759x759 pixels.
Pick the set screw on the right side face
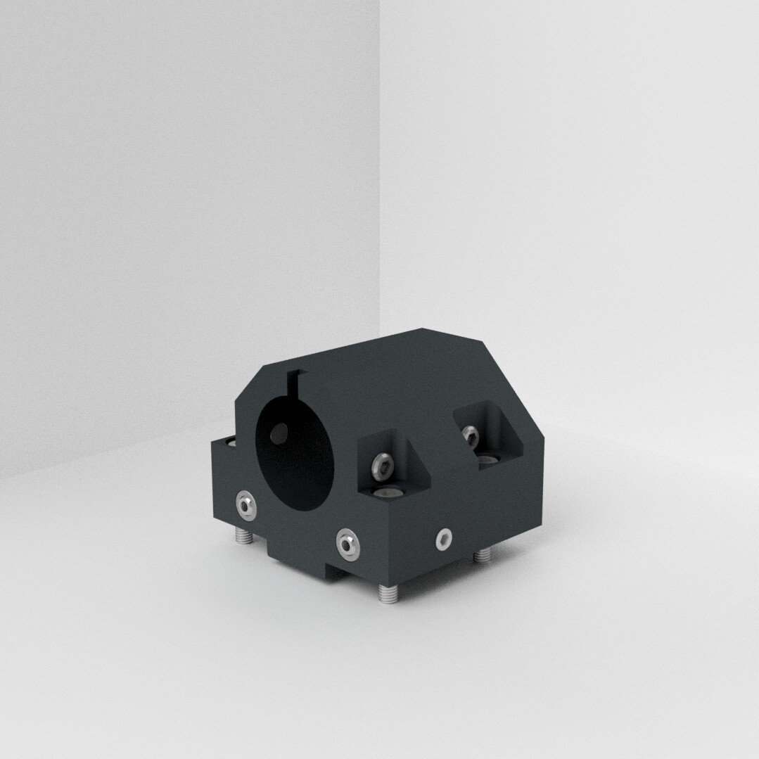click(443, 539)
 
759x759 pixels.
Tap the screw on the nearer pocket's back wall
click(381, 464)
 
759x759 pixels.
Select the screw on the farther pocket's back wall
click(470, 436)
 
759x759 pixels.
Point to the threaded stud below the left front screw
click(244, 537)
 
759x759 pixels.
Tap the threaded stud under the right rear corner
click(482, 556)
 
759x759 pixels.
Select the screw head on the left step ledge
click(229, 442)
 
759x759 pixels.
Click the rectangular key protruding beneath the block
click(310, 566)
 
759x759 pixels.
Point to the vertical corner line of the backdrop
click(380, 176)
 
